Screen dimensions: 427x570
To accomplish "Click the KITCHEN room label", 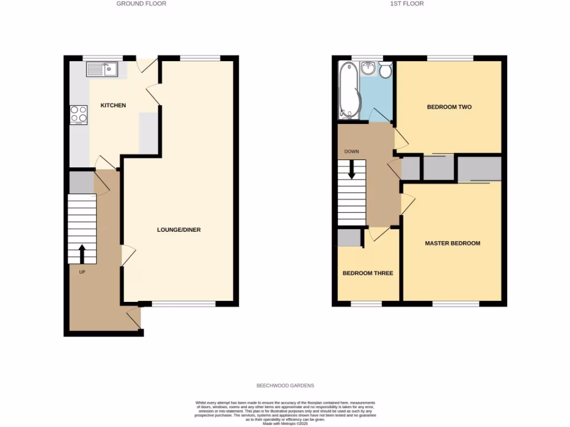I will point(113,105).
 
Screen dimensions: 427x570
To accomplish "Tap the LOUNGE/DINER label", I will point(178,230).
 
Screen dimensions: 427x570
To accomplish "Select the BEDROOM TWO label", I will point(449,107).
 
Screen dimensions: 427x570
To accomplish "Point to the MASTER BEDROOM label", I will point(452,243).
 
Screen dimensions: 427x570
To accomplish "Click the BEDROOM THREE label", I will point(367,273).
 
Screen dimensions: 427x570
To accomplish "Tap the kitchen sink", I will point(101,69).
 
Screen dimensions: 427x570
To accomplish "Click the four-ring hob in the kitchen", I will point(78,114).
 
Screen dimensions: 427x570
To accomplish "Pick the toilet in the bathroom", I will point(385,69).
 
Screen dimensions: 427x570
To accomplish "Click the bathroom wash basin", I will point(368,69).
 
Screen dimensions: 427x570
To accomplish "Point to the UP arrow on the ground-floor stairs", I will point(82,254).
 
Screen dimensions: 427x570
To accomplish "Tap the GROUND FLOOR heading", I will point(141,3).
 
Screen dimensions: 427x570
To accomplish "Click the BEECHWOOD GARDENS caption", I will point(285,385).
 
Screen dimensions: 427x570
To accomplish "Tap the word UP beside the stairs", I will point(82,272).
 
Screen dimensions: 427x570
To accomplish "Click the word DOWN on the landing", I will point(351,151).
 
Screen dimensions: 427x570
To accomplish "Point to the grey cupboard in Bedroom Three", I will point(349,237).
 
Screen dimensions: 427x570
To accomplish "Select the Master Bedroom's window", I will point(455,304).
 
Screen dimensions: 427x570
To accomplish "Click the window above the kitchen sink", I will point(102,57).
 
